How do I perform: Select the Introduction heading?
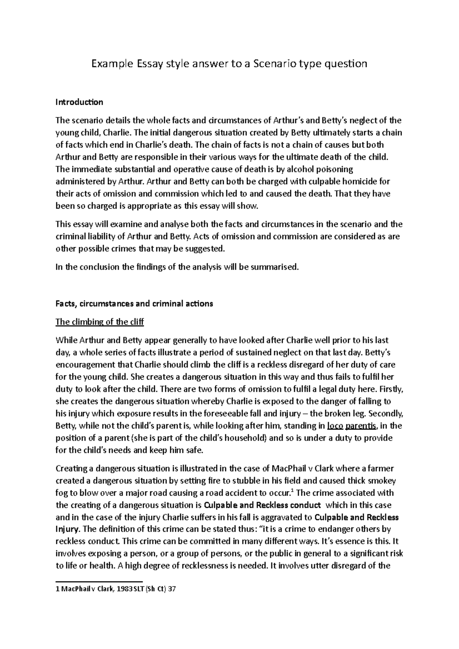pyautogui.click(x=79, y=102)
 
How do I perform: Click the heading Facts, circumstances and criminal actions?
pyautogui.click(x=134, y=304)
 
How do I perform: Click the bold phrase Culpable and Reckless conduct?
pyautogui.click(x=263, y=505)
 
